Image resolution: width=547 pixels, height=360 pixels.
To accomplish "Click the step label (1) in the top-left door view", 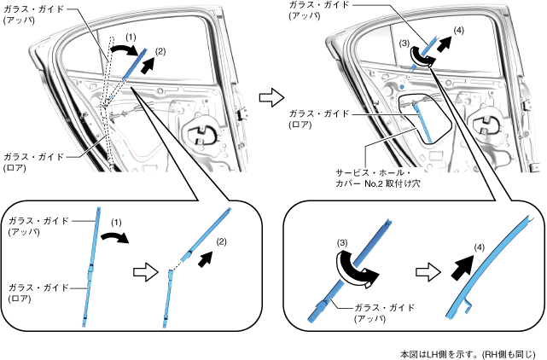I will click(x=129, y=38).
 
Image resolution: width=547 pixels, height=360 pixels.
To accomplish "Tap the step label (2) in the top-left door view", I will click(x=160, y=51).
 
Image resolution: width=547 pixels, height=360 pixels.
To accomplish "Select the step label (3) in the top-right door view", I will click(x=404, y=43).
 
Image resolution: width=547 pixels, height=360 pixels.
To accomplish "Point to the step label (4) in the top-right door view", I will click(x=460, y=31).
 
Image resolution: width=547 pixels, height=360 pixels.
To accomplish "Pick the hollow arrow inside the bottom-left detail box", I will click(x=147, y=271).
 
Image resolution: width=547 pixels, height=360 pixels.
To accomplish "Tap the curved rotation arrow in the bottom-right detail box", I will click(x=353, y=265).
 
